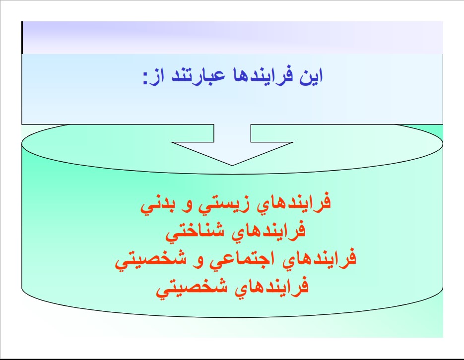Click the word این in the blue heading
tap(311, 76)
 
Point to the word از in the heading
tap(157, 77)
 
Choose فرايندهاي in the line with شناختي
tap(268, 231)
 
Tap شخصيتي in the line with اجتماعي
tap(151, 259)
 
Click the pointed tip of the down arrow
tap(232, 166)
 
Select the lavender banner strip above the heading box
tap(233, 38)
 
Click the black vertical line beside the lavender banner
tap(22, 38)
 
